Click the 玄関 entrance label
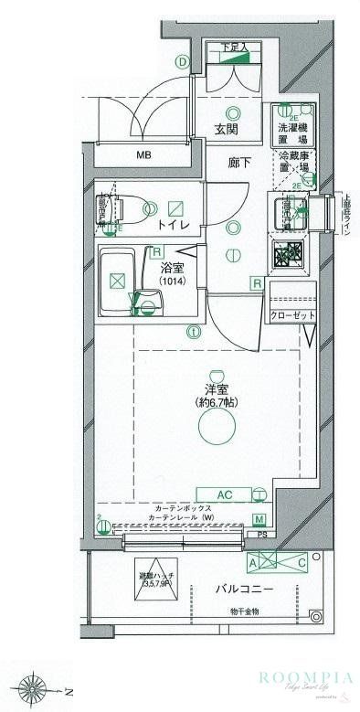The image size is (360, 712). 228,130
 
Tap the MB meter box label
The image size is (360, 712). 143,155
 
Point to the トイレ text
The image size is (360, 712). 173,225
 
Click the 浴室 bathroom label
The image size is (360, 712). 173,268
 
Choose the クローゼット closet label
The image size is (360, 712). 291,315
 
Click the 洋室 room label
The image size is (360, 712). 216,389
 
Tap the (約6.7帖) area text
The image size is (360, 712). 216,403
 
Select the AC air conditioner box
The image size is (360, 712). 226,494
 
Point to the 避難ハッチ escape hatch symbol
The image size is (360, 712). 154,579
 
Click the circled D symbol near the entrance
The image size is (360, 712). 183,63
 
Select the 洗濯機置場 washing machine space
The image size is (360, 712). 292,133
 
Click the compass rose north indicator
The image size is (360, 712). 34,686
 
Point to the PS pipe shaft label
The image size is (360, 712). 261,536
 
